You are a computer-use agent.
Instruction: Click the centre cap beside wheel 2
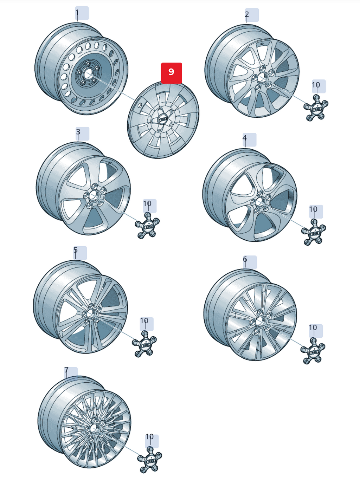click(316, 108)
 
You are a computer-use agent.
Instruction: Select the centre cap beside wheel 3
click(147, 226)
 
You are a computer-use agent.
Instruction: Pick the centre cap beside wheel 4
click(314, 232)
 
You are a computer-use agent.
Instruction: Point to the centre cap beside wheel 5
click(144, 344)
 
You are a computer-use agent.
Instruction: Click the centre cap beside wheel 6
click(313, 351)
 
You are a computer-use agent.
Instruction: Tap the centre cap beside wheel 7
click(150, 460)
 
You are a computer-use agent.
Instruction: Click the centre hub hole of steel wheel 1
click(88, 74)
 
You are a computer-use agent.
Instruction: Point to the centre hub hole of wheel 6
click(259, 322)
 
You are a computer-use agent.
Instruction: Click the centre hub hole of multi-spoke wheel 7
click(94, 428)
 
